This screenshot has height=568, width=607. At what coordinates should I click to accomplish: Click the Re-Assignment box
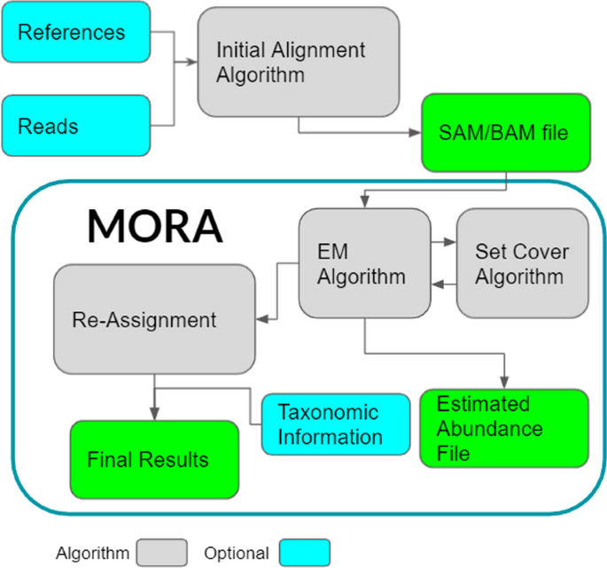pos(154,320)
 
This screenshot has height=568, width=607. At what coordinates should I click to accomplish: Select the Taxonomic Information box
pos(336,424)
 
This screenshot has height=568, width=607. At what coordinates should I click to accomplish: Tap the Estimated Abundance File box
pos(502,429)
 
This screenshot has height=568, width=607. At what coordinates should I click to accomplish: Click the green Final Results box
pos(154,459)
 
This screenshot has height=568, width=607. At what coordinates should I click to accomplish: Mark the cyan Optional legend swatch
pos(306,552)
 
